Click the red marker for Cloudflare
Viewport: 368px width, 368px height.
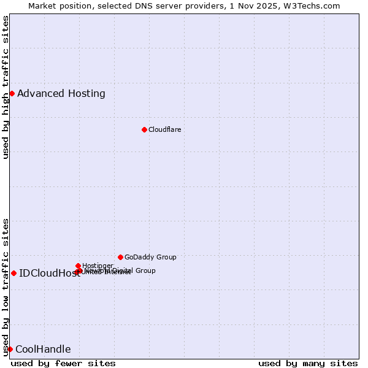144,129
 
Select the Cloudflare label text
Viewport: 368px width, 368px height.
164,129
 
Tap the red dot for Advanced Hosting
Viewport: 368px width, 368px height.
12,93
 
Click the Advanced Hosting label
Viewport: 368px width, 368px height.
61,94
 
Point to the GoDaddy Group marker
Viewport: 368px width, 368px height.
120,257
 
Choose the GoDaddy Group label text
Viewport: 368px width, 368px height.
150,257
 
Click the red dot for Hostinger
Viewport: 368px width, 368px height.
78,266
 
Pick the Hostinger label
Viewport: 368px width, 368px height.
98,266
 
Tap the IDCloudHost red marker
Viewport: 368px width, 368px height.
13,273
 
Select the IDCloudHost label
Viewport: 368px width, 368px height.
50,274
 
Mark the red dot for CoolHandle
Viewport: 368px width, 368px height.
10,349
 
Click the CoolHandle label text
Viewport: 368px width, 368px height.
43,350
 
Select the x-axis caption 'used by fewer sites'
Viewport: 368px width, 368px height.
63,363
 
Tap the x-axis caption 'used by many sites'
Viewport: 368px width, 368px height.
308,363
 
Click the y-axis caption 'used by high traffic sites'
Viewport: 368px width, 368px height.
6,87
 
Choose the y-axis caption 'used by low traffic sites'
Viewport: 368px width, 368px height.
6,286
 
